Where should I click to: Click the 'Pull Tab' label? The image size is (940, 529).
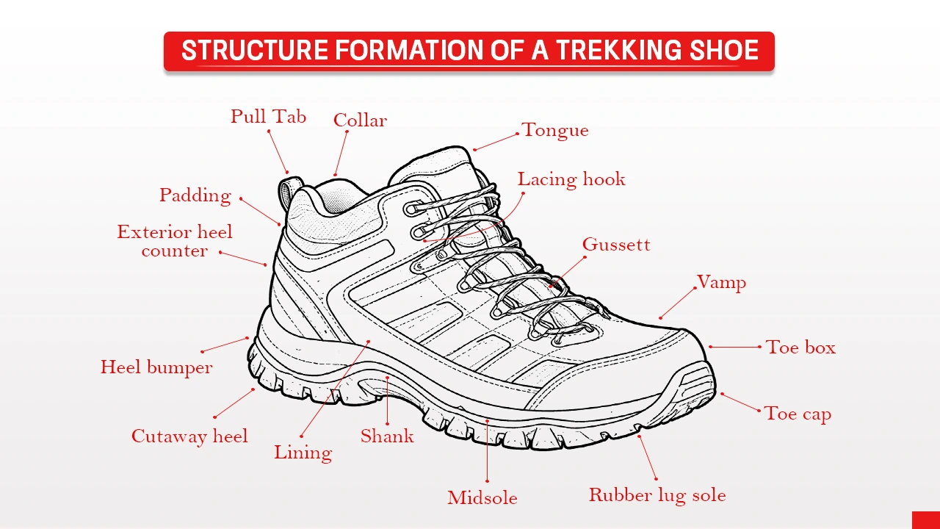pyautogui.click(x=268, y=117)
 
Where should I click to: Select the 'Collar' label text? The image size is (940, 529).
pyautogui.click(x=360, y=120)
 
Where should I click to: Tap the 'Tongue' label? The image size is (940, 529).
pyautogui.click(x=555, y=131)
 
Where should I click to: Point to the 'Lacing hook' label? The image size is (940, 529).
pyautogui.click(x=571, y=179)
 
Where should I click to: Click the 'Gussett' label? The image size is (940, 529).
pyautogui.click(x=616, y=245)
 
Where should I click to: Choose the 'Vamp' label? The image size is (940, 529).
pyautogui.click(x=721, y=283)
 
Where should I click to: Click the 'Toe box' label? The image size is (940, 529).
pyautogui.click(x=800, y=348)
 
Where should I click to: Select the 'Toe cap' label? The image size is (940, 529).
pyautogui.click(x=798, y=414)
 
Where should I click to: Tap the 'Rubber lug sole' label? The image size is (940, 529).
pyautogui.click(x=657, y=495)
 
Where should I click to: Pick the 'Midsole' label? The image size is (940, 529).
pyautogui.click(x=482, y=498)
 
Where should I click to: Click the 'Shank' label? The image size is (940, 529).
pyautogui.click(x=387, y=436)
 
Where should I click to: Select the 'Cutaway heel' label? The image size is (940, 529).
pyautogui.click(x=189, y=436)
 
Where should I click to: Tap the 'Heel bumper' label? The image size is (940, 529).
pyautogui.click(x=156, y=367)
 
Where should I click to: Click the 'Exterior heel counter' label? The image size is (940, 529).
pyautogui.click(x=175, y=241)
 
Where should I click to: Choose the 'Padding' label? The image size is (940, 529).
pyautogui.click(x=195, y=195)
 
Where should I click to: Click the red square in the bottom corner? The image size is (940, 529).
pyautogui.click(x=925, y=520)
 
